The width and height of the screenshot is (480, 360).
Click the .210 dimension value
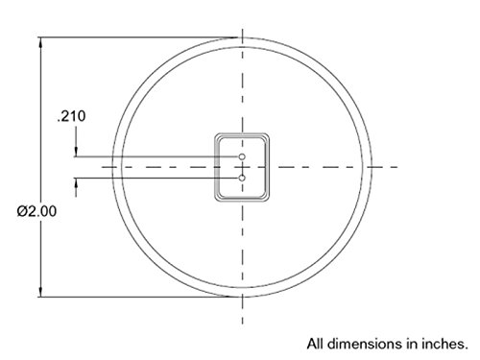tap(71, 116)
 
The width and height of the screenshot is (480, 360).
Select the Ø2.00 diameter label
tap(36, 211)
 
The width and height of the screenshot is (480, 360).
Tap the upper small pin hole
tap(242, 156)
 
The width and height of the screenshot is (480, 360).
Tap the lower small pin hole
tap(242, 178)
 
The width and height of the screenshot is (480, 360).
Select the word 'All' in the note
tap(316, 344)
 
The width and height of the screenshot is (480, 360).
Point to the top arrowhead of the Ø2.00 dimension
tap(40, 43)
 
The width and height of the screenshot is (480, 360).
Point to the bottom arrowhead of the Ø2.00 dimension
tap(40, 292)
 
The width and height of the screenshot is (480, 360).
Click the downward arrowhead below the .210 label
tap(76, 152)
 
